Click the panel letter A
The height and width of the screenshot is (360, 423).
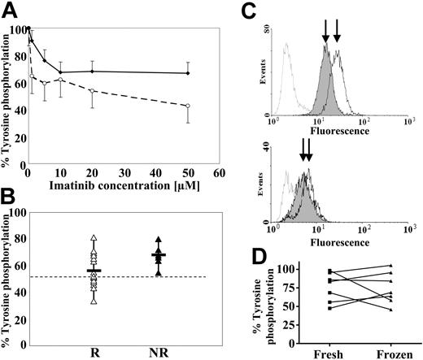[x=10, y=10]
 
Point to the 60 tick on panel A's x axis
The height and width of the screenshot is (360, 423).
[x=219, y=174]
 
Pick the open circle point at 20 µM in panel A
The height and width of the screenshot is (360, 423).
[x=93, y=91]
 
